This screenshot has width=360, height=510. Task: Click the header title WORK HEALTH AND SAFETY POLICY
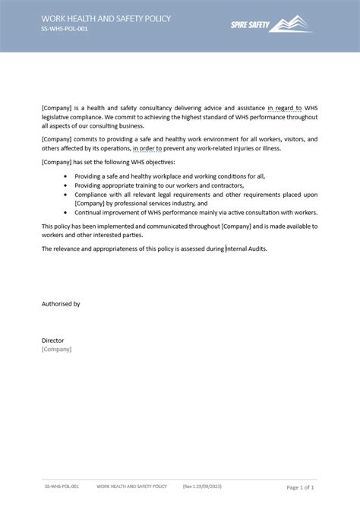106,18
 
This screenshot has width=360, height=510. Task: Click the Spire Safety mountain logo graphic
292,25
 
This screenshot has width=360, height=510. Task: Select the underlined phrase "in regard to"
284,109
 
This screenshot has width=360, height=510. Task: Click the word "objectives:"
159,163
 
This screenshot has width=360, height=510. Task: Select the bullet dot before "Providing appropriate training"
65,185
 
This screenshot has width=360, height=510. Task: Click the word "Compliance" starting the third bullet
92,195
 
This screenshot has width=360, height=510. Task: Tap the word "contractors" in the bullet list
225,185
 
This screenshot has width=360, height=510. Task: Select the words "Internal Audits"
246,249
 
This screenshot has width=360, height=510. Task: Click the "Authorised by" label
61,303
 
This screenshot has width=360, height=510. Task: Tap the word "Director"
53,341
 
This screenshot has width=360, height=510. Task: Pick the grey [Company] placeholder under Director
56,349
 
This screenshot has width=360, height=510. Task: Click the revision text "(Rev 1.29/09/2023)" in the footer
204,486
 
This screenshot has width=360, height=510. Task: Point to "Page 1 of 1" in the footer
300,486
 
